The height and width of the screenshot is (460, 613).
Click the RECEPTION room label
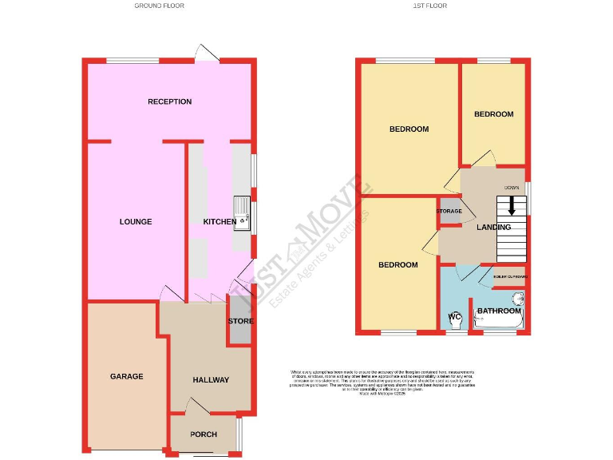(169, 101)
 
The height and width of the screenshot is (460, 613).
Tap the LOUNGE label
(136, 221)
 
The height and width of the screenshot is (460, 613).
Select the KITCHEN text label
(219, 221)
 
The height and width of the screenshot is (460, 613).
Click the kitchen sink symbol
(242, 214)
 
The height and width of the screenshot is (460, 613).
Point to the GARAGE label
(126, 375)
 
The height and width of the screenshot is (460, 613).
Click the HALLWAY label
(211, 380)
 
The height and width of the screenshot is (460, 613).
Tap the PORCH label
(203, 434)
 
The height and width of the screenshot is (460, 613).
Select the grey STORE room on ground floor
(240, 321)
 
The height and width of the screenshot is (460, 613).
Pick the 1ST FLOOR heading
(429, 6)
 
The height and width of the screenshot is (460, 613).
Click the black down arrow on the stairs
(512, 205)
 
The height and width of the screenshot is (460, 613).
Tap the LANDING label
(493, 228)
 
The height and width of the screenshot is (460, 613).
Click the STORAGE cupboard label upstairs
(449, 211)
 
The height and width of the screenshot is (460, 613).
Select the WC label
(455, 317)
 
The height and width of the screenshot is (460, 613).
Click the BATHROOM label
(497, 311)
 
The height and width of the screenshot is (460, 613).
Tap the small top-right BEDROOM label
(493, 114)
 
